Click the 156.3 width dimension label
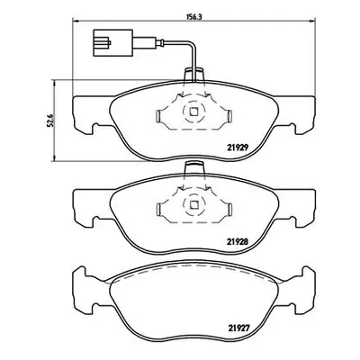pyautogui.click(x=193, y=17)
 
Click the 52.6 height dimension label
pyautogui.click(x=50, y=120)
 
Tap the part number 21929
pyautogui.click(x=236, y=148)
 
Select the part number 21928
pyautogui.click(x=236, y=241)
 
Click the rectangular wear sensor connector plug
pyautogui.click(x=113, y=42)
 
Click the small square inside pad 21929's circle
pyautogui.click(x=193, y=112)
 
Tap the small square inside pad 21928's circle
pyautogui.click(x=193, y=204)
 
